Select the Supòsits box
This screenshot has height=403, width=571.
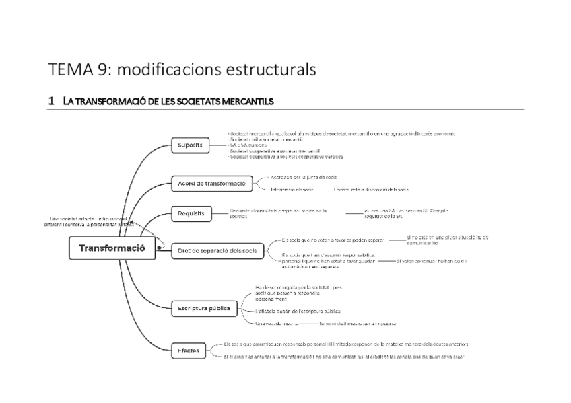pyautogui.click(x=190, y=145)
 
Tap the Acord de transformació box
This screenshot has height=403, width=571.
pyautogui.click(x=211, y=183)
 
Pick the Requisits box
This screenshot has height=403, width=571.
pyautogui.click(x=191, y=214)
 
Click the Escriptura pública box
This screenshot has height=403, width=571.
pyautogui.click(x=204, y=309)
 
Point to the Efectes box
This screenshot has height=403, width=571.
pyautogui.click(x=188, y=351)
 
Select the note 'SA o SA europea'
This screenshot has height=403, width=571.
pyautogui.click(x=248, y=145)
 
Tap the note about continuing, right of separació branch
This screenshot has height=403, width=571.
pyautogui.click(x=432, y=260)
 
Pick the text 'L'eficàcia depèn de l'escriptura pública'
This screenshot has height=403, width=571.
pyautogui.click(x=297, y=312)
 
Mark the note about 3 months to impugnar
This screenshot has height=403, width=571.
pyautogui.click(x=358, y=323)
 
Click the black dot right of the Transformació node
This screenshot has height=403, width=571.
pyautogui.click(x=158, y=248)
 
